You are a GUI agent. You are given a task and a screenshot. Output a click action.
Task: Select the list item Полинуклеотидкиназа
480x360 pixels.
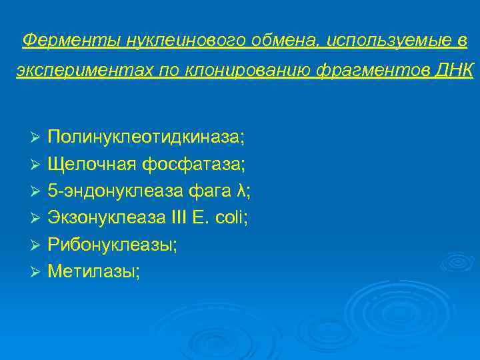point(146,137)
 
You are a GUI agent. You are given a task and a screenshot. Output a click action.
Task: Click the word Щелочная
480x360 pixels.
point(91,164)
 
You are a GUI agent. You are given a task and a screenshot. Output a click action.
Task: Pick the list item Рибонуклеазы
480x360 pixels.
point(112,245)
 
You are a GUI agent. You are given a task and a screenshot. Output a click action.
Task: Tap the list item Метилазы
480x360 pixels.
point(93,271)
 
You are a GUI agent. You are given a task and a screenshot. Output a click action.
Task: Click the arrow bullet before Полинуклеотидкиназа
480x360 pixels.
point(37,137)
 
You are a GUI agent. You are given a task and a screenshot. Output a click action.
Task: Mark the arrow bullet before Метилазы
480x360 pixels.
point(37,272)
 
